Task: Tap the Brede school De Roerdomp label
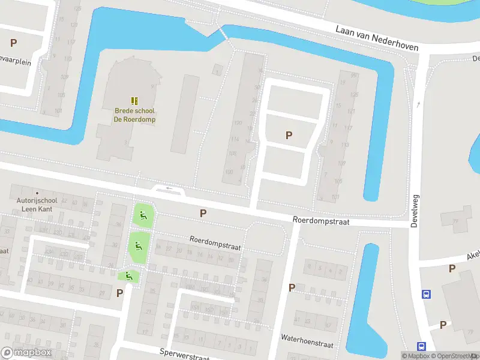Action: click(x=135, y=115)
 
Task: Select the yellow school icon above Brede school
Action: click(x=135, y=100)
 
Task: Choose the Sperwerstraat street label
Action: click(x=184, y=355)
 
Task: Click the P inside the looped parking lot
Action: click(x=289, y=136)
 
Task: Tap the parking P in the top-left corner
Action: click(x=13, y=43)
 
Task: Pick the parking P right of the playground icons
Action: click(x=203, y=213)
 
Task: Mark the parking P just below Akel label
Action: click(x=452, y=269)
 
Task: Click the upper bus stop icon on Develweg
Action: click(x=426, y=294)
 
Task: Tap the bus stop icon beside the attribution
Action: click(x=421, y=346)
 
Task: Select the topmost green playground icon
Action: click(x=142, y=217)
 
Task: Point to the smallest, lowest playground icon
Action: click(x=128, y=276)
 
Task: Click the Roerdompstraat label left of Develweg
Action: click(x=320, y=221)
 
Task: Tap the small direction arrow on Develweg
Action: click(x=419, y=104)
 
